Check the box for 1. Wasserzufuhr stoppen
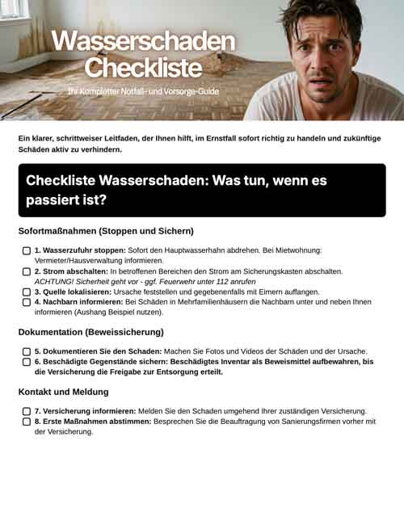[27, 251]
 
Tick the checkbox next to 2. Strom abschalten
[27, 272]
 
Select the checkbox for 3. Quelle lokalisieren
[27, 292]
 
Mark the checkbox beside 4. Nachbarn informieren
[27, 302]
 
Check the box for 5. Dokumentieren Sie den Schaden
[27, 352]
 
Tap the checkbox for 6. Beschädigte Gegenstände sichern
[27, 362]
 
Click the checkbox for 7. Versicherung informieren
[27, 411]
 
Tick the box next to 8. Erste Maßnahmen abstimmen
[27, 422]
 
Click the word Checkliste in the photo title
[142, 66]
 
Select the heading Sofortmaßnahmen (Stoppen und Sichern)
[106, 231]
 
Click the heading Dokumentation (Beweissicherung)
[91, 331]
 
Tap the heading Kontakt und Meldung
[63, 392]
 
